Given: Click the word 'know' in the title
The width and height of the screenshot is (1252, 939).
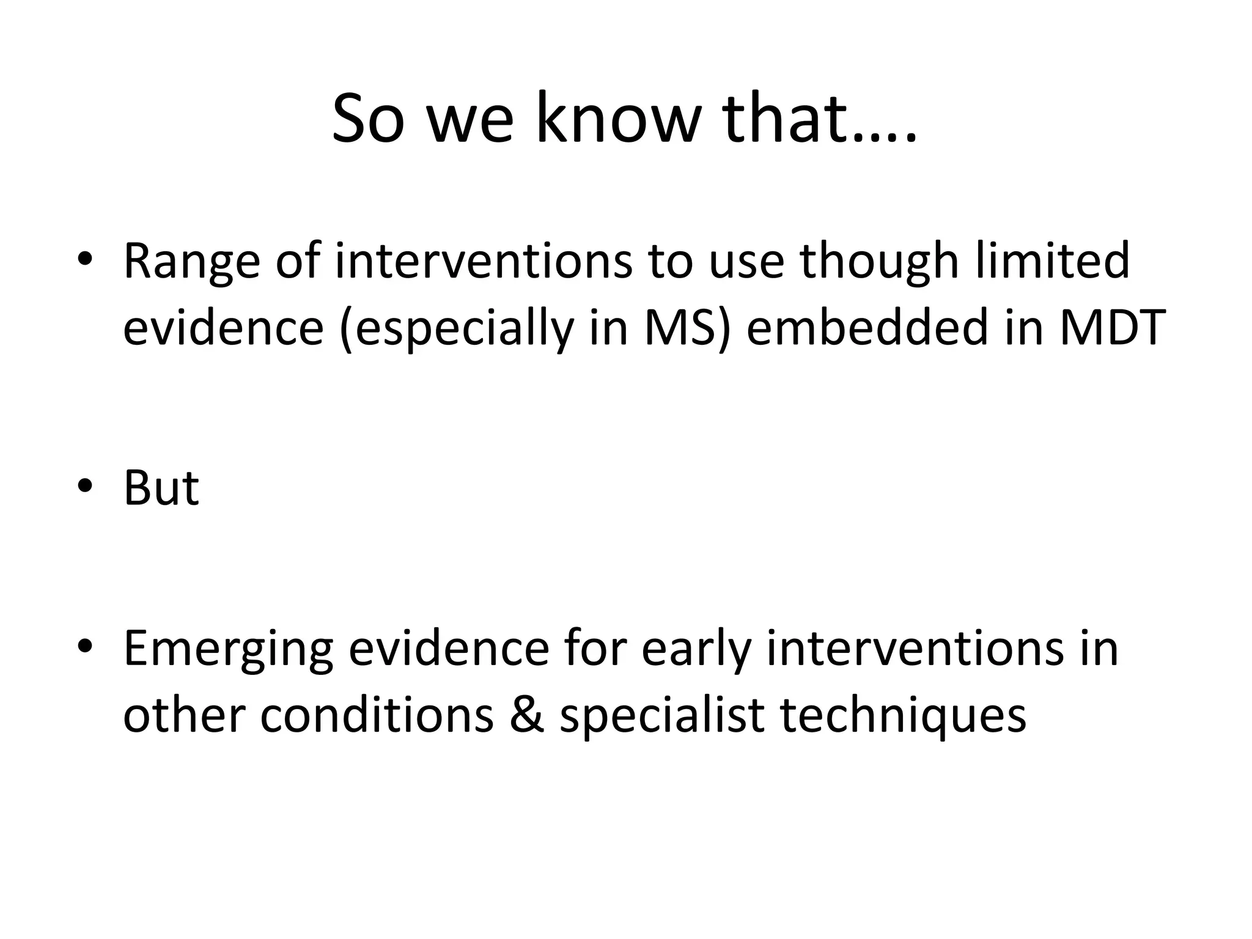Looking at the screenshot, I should [617, 119].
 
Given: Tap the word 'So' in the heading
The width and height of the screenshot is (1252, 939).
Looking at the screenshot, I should [368, 119].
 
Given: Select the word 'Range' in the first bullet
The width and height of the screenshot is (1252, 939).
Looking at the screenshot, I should [192, 262].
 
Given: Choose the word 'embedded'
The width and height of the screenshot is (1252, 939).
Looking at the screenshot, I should [867, 328].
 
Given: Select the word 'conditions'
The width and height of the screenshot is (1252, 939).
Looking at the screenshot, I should [376, 714].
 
